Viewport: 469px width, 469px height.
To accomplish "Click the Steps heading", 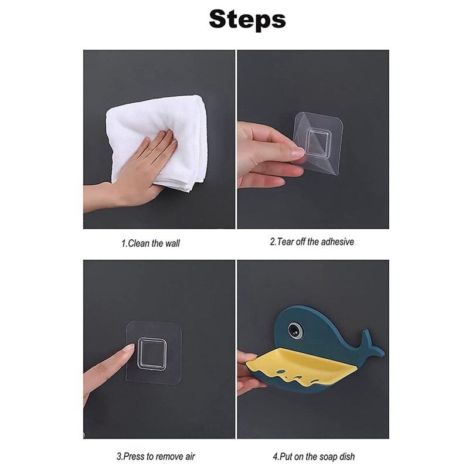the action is click(247, 19).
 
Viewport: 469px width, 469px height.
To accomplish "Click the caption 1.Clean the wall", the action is click(151, 243).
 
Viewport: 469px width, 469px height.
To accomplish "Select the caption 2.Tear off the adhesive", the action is click(312, 242).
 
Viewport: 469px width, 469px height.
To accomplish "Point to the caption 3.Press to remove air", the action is click(155, 457).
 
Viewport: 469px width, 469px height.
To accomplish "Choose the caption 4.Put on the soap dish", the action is click(314, 457).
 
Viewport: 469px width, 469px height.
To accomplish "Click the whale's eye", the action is click(295, 330).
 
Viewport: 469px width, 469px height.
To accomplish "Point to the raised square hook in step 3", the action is click(152, 354).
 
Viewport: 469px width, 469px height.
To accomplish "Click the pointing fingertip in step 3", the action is click(129, 349).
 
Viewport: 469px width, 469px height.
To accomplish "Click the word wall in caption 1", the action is click(172, 243).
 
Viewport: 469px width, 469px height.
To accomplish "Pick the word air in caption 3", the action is click(189, 457).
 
